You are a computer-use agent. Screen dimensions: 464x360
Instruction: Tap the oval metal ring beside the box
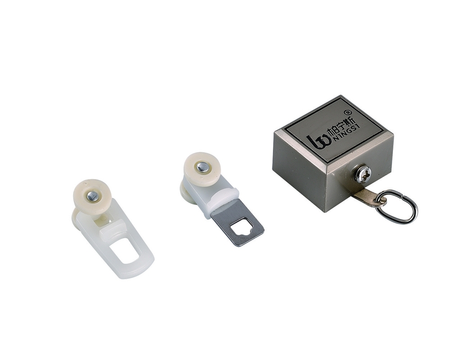397,207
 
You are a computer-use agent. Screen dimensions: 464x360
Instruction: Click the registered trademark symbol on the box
348,112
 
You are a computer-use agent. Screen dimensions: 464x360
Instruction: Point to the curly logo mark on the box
316,142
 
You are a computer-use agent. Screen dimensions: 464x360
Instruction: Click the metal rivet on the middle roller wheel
203,167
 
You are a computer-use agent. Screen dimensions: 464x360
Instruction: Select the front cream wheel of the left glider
92,195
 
